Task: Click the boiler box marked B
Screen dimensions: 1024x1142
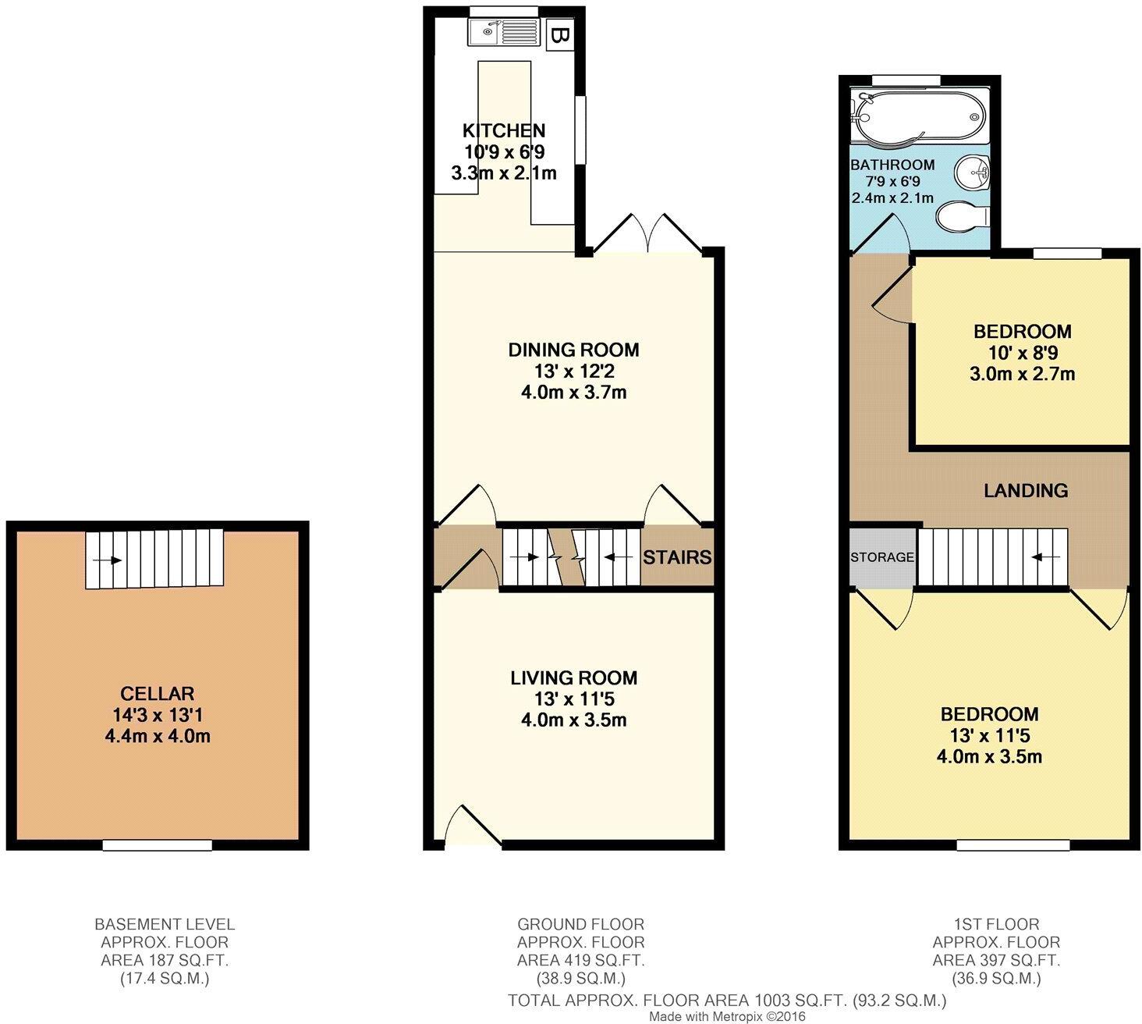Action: click(559, 35)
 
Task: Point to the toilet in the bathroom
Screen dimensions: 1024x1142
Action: click(961, 216)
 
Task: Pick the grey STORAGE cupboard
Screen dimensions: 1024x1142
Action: click(881, 557)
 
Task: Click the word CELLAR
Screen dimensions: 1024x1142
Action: click(157, 693)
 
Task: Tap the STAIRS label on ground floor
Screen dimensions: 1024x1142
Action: click(676, 556)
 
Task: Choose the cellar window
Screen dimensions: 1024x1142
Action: click(157, 844)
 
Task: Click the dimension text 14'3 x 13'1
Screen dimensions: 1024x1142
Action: click(157, 714)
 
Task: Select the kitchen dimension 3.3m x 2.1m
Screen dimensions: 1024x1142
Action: click(504, 172)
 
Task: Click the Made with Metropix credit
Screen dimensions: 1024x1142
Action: click(727, 1017)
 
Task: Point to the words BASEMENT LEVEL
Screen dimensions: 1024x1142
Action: click(165, 924)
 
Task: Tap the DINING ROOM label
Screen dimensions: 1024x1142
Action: click(573, 350)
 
